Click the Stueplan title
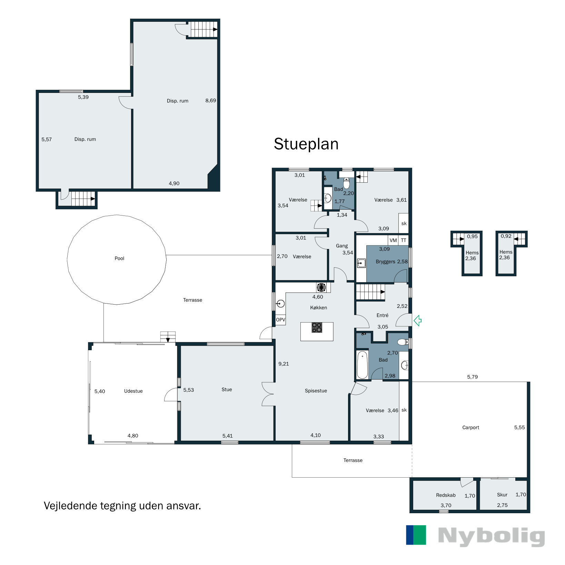[306, 144]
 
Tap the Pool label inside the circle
[119, 258]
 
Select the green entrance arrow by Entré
[417, 320]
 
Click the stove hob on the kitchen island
[317, 327]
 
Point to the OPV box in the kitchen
[280, 320]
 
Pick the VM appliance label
[393, 240]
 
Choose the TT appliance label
[404, 240]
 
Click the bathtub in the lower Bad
[362, 365]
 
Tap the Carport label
[470, 428]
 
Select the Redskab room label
[446, 495]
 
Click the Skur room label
[502, 495]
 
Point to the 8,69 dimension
[210, 100]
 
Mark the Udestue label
[133, 391]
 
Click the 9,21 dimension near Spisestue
[284, 364]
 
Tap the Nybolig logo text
[492, 536]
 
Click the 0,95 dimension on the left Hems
[472, 237]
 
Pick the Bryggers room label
[385, 262]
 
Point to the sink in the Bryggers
[361, 263]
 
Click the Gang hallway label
[342, 246]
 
